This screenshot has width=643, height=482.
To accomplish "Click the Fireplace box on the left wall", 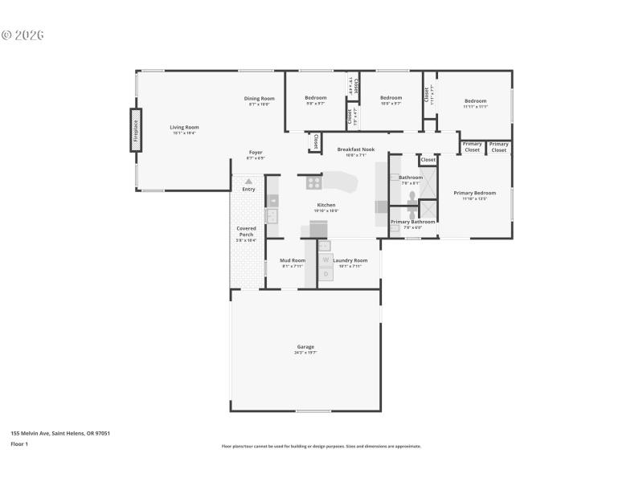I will pyautogui.click(x=136, y=129).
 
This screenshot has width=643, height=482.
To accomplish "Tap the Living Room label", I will pyautogui.click(x=184, y=127).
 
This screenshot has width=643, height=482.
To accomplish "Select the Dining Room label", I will pyautogui.click(x=259, y=99).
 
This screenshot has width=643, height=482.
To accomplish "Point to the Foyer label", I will pyautogui.click(x=256, y=153).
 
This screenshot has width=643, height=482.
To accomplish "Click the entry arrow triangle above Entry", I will pyautogui.click(x=248, y=182).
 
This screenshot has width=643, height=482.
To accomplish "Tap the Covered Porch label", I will pyautogui.click(x=246, y=231).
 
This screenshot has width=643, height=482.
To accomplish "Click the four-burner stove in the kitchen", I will pyautogui.click(x=313, y=182).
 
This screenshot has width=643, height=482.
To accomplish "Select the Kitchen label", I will pyautogui.click(x=326, y=205).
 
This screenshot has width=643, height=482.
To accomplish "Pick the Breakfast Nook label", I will pyautogui.click(x=355, y=149).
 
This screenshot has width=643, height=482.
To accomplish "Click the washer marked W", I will pyautogui.click(x=326, y=259).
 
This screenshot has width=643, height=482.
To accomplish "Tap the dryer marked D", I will pyautogui.click(x=326, y=274).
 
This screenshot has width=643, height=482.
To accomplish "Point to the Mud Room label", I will pyautogui.click(x=292, y=260).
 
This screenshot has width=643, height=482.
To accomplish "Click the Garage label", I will pyautogui.click(x=305, y=347).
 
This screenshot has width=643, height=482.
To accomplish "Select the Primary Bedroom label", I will pyautogui.click(x=474, y=193).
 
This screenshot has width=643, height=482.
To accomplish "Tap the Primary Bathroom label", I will pyautogui.click(x=412, y=222).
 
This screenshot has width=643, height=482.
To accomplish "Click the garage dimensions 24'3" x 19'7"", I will pyautogui.click(x=305, y=353).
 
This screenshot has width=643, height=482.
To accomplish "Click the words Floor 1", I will pyautogui.click(x=19, y=443).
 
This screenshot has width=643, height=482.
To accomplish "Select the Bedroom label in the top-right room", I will pyautogui.click(x=474, y=101).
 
